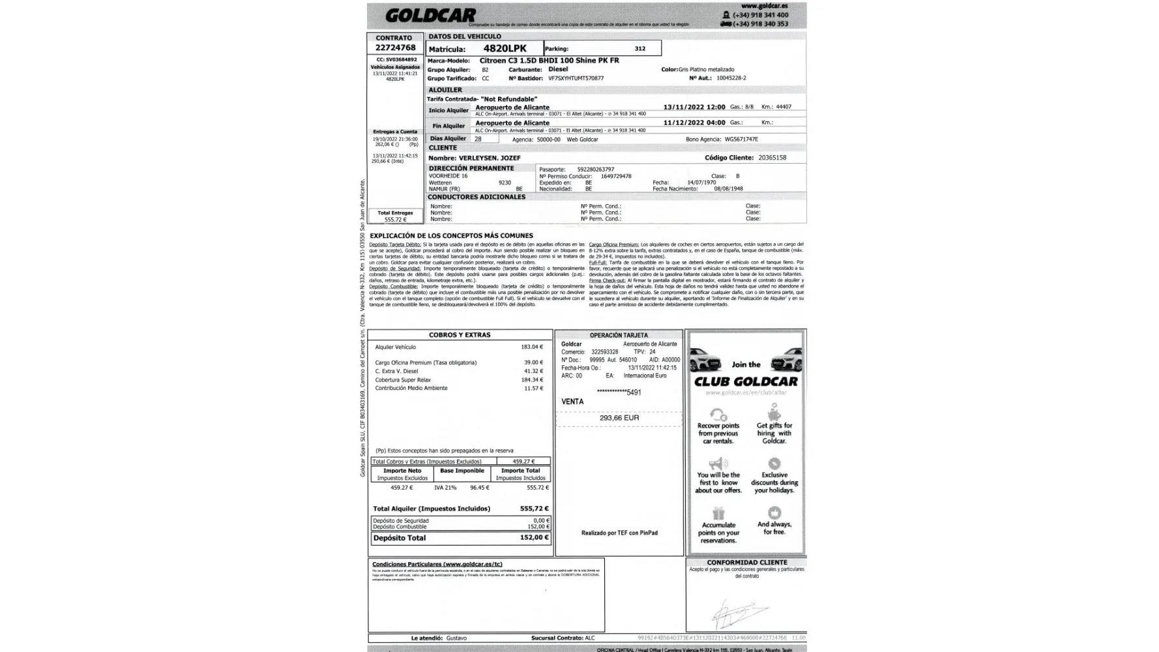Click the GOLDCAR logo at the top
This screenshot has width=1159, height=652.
(x=430, y=15)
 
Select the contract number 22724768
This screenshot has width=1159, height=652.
(x=395, y=48)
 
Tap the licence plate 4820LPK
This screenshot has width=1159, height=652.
(x=505, y=48)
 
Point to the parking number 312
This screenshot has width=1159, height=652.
(x=639, y=49)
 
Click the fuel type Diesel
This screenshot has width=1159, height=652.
(x=558, y=69)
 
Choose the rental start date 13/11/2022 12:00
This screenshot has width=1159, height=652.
(x=694, y=107)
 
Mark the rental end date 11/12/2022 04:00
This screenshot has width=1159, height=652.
(x=694, y=123)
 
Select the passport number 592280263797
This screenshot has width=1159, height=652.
(x=595, y=170)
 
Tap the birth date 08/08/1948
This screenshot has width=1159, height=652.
(x=728, y=189)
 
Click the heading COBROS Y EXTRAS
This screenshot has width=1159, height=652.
(x=460, y=335)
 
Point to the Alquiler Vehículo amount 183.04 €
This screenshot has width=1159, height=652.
(x=532, y=348)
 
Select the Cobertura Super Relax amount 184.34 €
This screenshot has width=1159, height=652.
(x=532, y=380)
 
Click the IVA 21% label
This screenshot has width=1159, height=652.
(x=445, y=488)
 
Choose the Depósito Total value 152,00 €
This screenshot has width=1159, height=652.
(x=534, y=538)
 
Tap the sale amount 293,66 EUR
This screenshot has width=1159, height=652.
(x=619, y=418)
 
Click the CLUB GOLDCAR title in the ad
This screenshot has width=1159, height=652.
(x=746, y=382)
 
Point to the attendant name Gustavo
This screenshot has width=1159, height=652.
(x=456, y=638)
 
